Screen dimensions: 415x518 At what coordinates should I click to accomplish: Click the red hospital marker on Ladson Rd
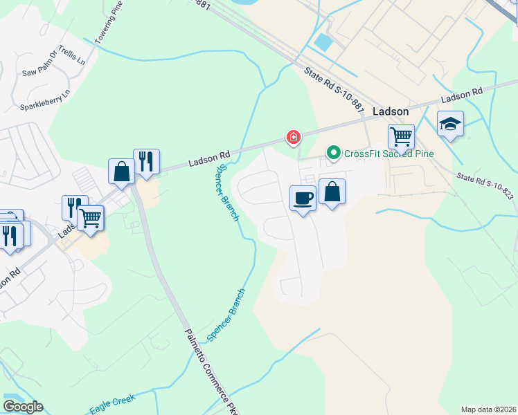coord(294,138)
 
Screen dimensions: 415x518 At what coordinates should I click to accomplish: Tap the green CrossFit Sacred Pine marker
coord(334,152)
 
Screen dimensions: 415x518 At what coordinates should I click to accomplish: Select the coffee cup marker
coord(303,199)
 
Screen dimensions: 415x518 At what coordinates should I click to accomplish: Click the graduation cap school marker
coord(451,124)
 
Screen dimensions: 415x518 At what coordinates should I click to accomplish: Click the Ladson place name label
coord(391,111)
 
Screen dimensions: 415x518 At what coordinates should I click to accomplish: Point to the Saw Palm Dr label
coord(40,71)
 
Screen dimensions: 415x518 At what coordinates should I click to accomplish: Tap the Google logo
coord(22,406)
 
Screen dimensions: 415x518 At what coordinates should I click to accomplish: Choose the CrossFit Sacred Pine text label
coord(388,153)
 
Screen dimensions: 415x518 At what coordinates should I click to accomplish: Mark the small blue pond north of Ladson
coord(323,41)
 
